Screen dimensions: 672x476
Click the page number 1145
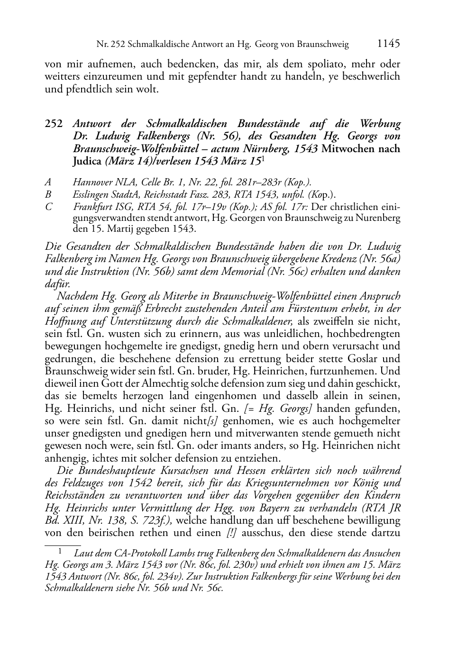(x=388, y=44)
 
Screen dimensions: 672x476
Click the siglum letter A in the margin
(x=48, y=182)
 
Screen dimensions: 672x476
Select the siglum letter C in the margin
(x=48, y=207)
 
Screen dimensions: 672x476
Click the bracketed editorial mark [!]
(x=232, y=533)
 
